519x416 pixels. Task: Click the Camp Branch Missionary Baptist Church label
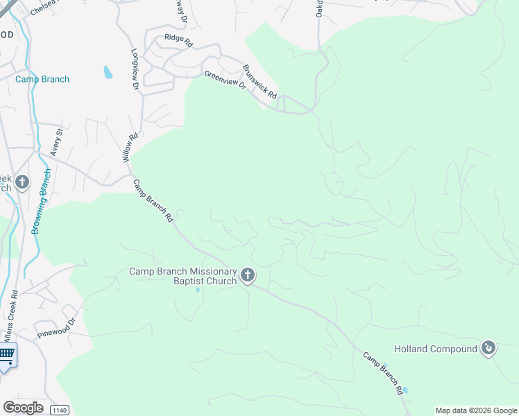tap(183, 277)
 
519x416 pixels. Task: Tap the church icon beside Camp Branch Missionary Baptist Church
tap(247, 277)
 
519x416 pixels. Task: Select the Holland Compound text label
tap(435, 349)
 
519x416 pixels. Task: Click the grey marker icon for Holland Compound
tap(488, 348)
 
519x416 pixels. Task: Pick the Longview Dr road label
tap(135, 70)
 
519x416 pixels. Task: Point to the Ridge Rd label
tap(178, 39)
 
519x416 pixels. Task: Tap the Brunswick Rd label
tap(260, 81)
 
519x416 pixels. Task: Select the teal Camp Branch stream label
tap(42, 79)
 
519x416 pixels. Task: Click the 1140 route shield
tap(60, 410)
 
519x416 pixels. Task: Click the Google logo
tap(23, 407)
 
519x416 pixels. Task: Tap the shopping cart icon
tap(6, 355)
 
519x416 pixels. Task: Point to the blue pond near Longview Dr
tap(108, 71)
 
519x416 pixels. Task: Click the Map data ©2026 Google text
tap(477, 410)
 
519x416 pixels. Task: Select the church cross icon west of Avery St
tap(22, 182)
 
